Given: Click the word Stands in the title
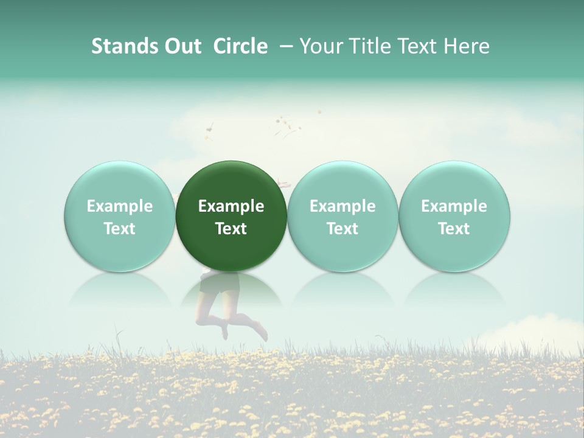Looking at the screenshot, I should (x=121, y=46).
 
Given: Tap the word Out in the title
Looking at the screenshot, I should (x=181, y=46).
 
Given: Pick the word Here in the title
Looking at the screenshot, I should (x=467, y=46).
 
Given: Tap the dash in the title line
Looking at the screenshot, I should (x=285, y=46).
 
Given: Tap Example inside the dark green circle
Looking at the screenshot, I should (x=231, y=206).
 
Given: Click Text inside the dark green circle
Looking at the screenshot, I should (x=231, y=229).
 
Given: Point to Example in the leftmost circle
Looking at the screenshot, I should (x=119, y=206).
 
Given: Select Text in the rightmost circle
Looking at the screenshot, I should (x=454, y=229).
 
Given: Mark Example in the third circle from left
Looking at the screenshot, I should (x=342, y=206).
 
